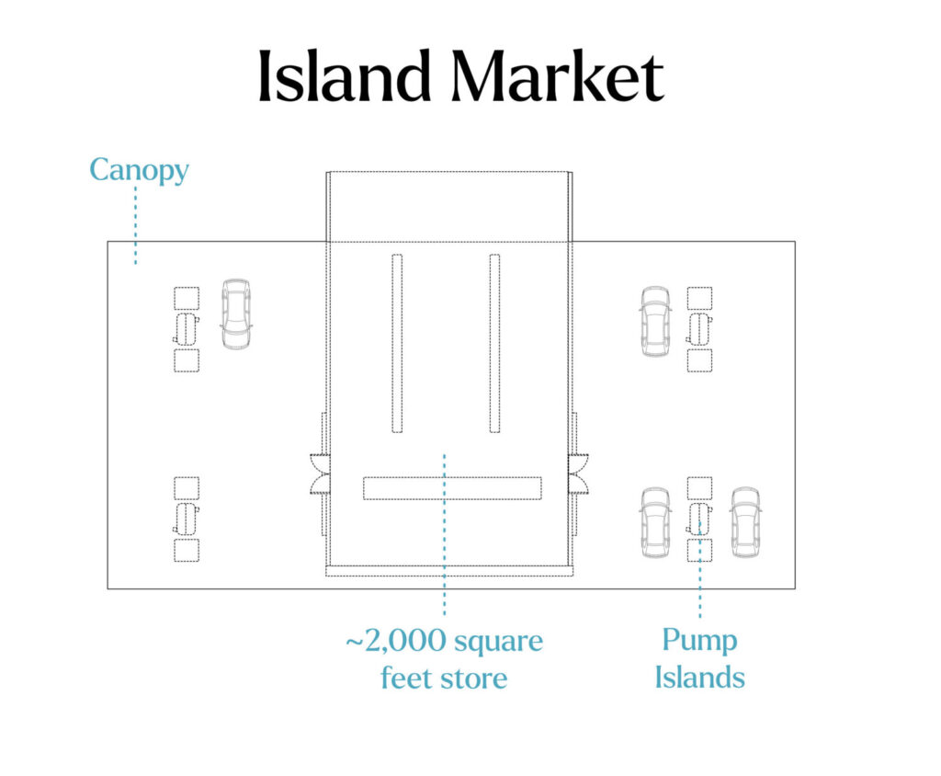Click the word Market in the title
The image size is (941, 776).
558,75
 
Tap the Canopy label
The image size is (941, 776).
140,170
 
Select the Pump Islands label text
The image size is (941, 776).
699,658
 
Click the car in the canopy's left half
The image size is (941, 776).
236,314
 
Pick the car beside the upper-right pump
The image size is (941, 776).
655,321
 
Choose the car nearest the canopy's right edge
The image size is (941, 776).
746,522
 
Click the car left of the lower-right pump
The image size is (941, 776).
655,522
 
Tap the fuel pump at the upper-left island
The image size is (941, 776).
187,329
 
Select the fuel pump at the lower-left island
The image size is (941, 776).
187,519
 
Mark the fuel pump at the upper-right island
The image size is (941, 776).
699,329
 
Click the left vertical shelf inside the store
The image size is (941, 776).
397,343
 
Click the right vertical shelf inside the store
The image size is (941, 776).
494,343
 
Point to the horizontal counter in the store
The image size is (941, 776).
452,487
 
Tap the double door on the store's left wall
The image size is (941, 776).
319,474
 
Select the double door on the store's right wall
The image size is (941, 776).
579,474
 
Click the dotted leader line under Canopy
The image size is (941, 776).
136,225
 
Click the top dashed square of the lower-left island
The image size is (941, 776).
187,488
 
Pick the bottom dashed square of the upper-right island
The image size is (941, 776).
699,360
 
